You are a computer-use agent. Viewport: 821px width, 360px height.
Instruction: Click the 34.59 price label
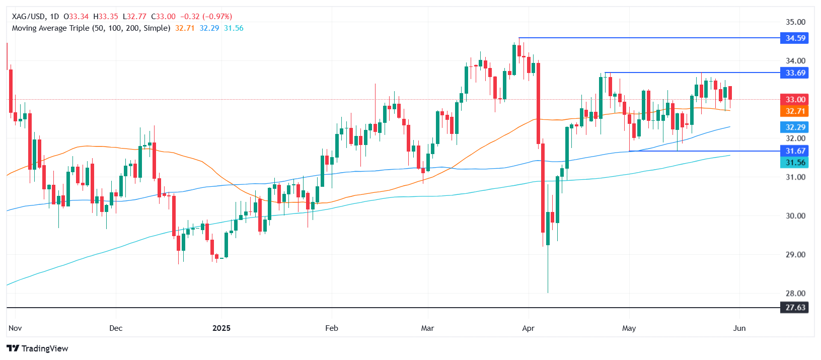coord(795,38)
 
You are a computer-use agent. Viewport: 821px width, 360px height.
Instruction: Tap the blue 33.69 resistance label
coord(795,73)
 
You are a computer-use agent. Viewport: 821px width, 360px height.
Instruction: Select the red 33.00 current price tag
coord(795,100)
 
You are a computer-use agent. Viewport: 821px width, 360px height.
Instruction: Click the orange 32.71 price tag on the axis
coord(795,111)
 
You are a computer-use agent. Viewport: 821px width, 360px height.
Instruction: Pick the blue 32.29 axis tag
coord(795,127)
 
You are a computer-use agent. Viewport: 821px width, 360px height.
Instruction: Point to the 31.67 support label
coord(795,151)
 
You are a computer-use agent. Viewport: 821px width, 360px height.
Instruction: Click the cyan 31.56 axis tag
coord(795,163)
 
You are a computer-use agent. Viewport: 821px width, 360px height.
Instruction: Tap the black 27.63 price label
coord(795,308)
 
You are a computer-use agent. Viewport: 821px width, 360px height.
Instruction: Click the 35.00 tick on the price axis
coord(795,22)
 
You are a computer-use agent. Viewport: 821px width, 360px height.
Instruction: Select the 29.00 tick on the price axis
coord(795,255)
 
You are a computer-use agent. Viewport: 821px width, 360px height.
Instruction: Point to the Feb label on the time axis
coord(332,328)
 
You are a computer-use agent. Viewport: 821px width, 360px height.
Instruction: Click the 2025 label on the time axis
coord(221,328)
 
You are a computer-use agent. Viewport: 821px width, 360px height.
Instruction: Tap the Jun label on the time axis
coord(739,328)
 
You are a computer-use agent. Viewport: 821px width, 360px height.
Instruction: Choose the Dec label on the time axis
coord(116,328)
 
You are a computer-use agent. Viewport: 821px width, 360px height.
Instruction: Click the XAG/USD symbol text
coord(29,17)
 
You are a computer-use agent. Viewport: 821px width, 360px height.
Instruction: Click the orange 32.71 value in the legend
coord(185,28)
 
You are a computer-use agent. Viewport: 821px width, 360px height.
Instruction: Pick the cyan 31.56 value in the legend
coord(234,28)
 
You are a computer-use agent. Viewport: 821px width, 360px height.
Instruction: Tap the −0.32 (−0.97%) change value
coord(206,17)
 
